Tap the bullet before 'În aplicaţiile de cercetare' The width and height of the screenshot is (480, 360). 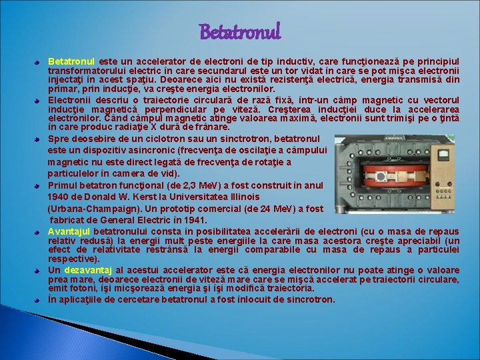(39, 301)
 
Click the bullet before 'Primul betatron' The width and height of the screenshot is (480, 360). (39, 186)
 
